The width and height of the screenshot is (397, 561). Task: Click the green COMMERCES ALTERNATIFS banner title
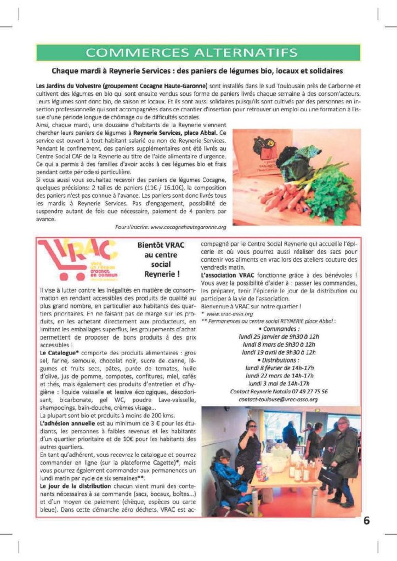coord(198,53)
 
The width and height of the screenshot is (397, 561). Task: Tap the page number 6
coord(366,520)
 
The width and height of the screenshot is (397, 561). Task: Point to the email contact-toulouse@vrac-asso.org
coord(278,399)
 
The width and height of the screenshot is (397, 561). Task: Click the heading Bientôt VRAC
coord(158,247)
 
